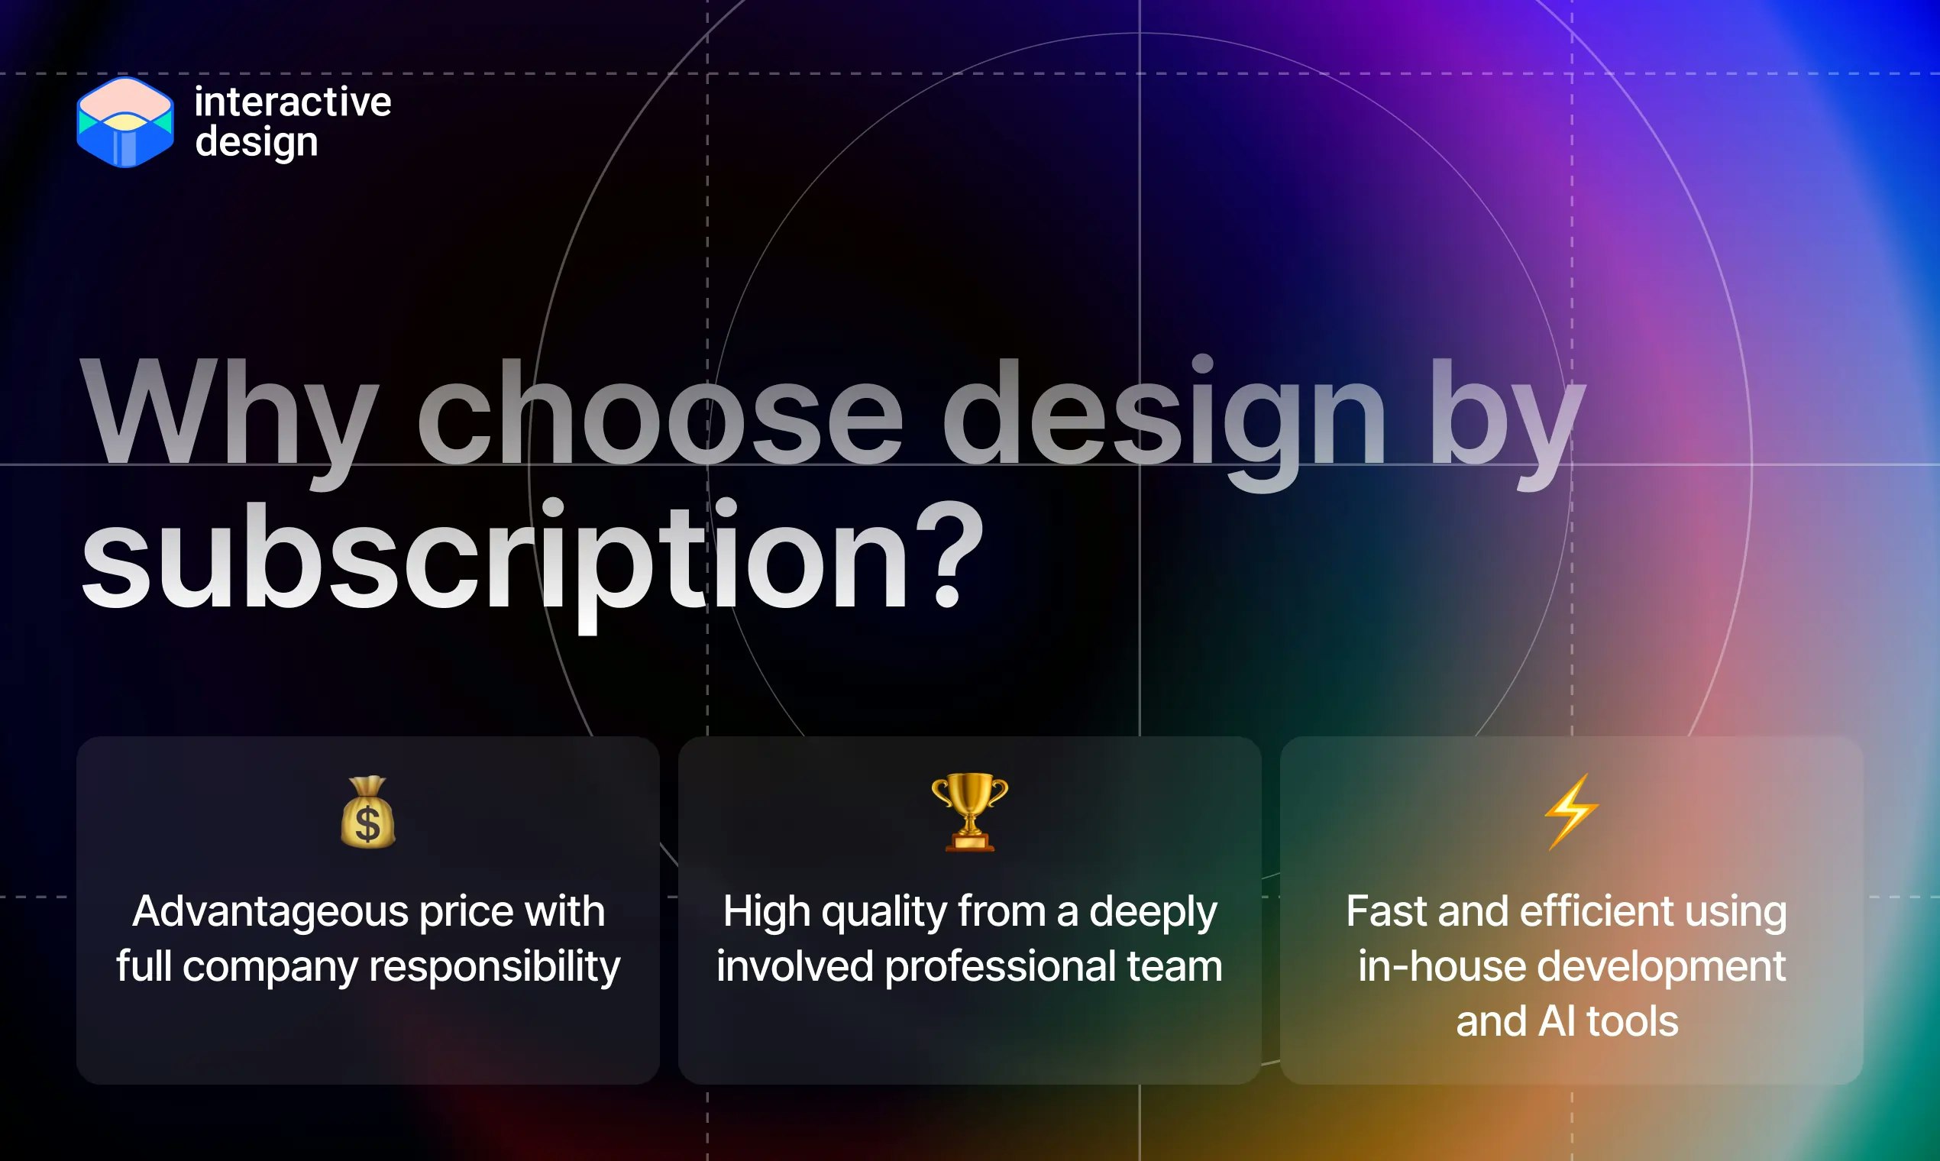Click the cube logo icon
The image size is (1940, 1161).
click(x=125, y=122)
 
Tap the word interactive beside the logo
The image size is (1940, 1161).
click(x=293, y=102)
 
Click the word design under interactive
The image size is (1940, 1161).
click(x=257, y=142)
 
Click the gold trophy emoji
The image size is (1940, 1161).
click(x=969, y=811)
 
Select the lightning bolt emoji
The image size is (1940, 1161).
click(x=1571, y=811)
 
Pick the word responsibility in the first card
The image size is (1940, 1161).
click(x=494, y=966)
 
